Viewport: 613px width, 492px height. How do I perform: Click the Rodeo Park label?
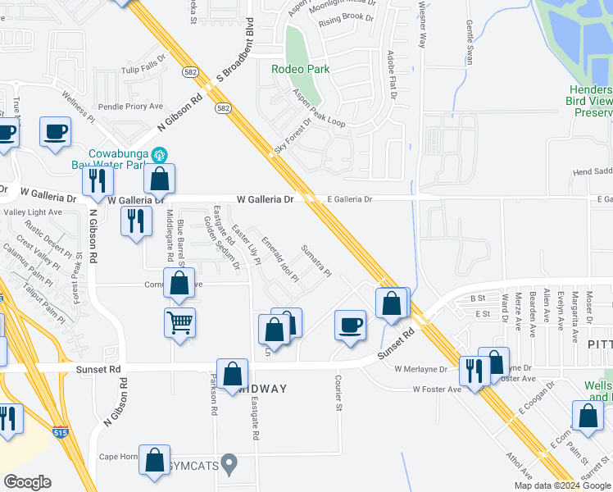[301, 70]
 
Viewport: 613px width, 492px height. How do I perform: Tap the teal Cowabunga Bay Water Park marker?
[161, 153]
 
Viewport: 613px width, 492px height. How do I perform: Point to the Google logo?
[27, 481]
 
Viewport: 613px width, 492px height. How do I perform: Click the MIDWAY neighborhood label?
[261, 389]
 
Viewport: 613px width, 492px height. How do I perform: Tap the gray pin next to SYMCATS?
[229, 465]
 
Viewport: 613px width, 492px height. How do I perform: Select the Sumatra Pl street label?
[316, 260]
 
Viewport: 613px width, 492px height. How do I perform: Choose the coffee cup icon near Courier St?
[351, 326]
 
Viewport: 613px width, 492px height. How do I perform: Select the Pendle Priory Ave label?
[131, 107]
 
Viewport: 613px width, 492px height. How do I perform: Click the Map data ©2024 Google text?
[562, 485]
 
